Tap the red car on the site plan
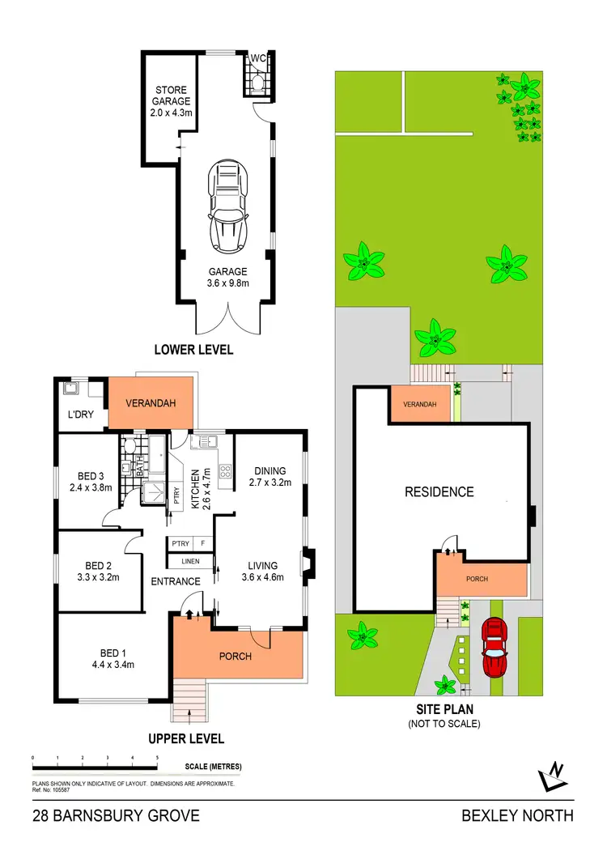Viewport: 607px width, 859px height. pyautogui.click(x=493, y=647)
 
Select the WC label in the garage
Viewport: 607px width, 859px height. pyautogui.click(x=257, y=58)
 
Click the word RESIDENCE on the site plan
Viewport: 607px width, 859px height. pyautogui.click(x=439, y=491)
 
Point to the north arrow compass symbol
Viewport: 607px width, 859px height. pyautogui.click(x=553, y=777)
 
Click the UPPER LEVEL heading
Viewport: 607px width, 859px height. pyautogui.click(x=185, y=738)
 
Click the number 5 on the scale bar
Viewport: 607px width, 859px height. pyautogui.click(x=157, y=757)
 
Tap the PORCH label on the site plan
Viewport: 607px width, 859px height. pyautogui.click(x=478, y=580)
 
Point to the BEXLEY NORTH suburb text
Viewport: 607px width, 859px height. pyautogui.click(x=517, y=815)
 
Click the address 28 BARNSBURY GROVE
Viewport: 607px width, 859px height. pyautogui.click(x=116, y=815)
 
